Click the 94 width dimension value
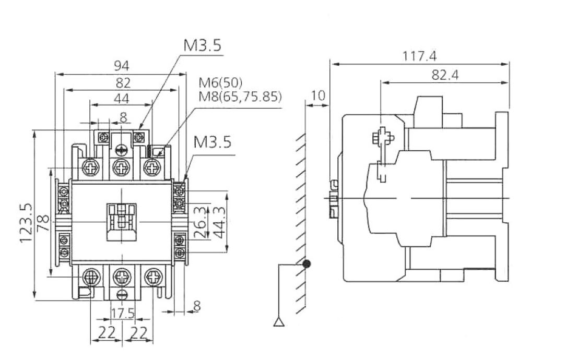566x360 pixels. (122, 66)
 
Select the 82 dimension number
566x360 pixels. (123, 82)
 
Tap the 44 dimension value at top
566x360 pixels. (121, 98)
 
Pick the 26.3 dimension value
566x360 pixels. (199, 223)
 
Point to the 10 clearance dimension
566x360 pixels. (318, 95)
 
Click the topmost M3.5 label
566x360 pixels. (202, 45)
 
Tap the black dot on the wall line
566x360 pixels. (308, 264)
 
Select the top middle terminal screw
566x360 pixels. (122, 168)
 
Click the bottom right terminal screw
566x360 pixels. (153, 275)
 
